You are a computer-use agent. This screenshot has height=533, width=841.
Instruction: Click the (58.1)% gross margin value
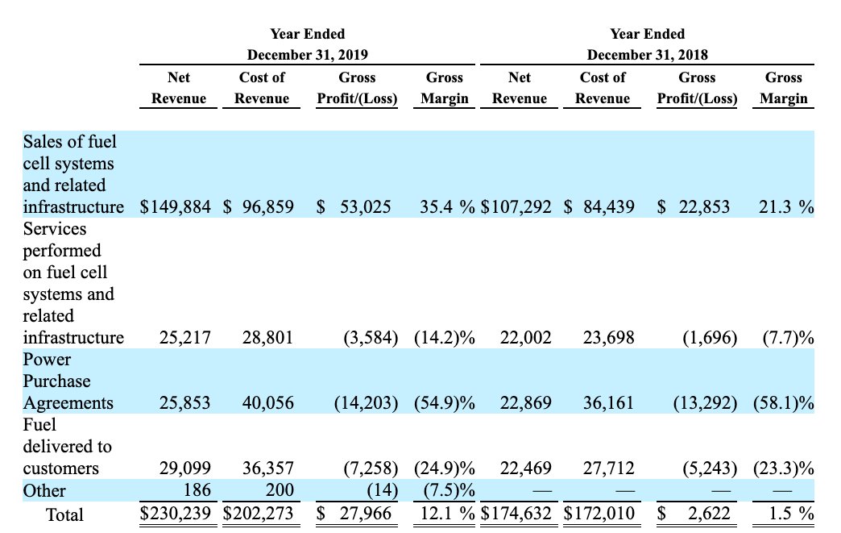click(783, 403)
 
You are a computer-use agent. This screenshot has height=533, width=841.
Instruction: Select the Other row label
click(44, 490)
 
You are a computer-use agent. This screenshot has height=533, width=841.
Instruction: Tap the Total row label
click(64, 513)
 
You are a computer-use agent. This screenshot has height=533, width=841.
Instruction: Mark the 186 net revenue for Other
click(197, 490)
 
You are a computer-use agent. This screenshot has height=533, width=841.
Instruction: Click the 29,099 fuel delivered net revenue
click(185, 468)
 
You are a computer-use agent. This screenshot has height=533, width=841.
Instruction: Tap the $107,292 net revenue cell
click(516, 207)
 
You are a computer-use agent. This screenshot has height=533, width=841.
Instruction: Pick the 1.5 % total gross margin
click(786, 513)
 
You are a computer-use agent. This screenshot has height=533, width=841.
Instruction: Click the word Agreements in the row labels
click(68, 403)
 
